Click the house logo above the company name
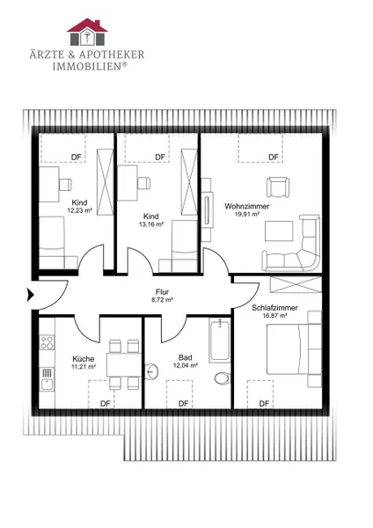pos(87,32)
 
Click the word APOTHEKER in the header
pos(112,55)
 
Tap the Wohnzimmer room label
pos(246,206)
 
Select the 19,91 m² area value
pos(246,214)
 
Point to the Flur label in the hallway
pos(162,292)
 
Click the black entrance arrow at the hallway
pos(31,296)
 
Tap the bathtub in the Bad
pos(220,340)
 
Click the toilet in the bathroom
pos(223,378)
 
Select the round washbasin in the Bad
pos(152,371)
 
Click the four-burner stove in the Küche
pos(47,342)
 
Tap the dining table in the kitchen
pos(123,364)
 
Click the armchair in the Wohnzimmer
pos(278,187)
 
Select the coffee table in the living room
pos(279,231)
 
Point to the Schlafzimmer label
pos(274,308)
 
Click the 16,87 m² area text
pos(274,316)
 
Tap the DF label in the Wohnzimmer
pos(274,158)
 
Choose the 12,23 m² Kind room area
pos(80,210)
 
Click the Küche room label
pos(84,359)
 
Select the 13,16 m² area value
pos(151,224)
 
